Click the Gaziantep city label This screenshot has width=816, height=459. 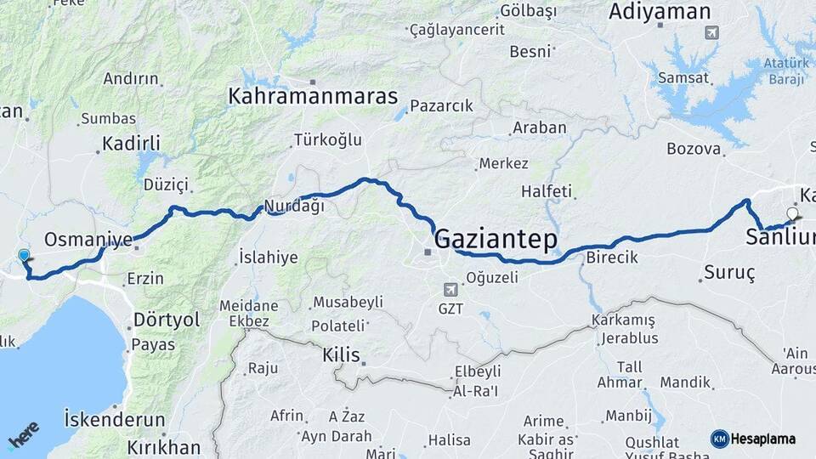pos(496,239)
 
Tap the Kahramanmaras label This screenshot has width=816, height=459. pos(313,96)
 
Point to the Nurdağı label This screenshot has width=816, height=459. pos(294,206)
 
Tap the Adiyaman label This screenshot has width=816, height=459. pos(660,12)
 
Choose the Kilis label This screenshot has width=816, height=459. pos(341,354)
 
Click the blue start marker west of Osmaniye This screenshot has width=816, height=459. pos(24,254)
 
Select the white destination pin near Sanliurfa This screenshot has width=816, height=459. pos(793,214)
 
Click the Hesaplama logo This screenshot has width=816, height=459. pos(753,439)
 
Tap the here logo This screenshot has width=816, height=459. pos(23,434)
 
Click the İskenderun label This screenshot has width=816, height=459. pos(114,419)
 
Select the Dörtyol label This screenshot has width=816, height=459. pos(167,320)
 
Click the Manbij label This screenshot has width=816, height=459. pos(627,416)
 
